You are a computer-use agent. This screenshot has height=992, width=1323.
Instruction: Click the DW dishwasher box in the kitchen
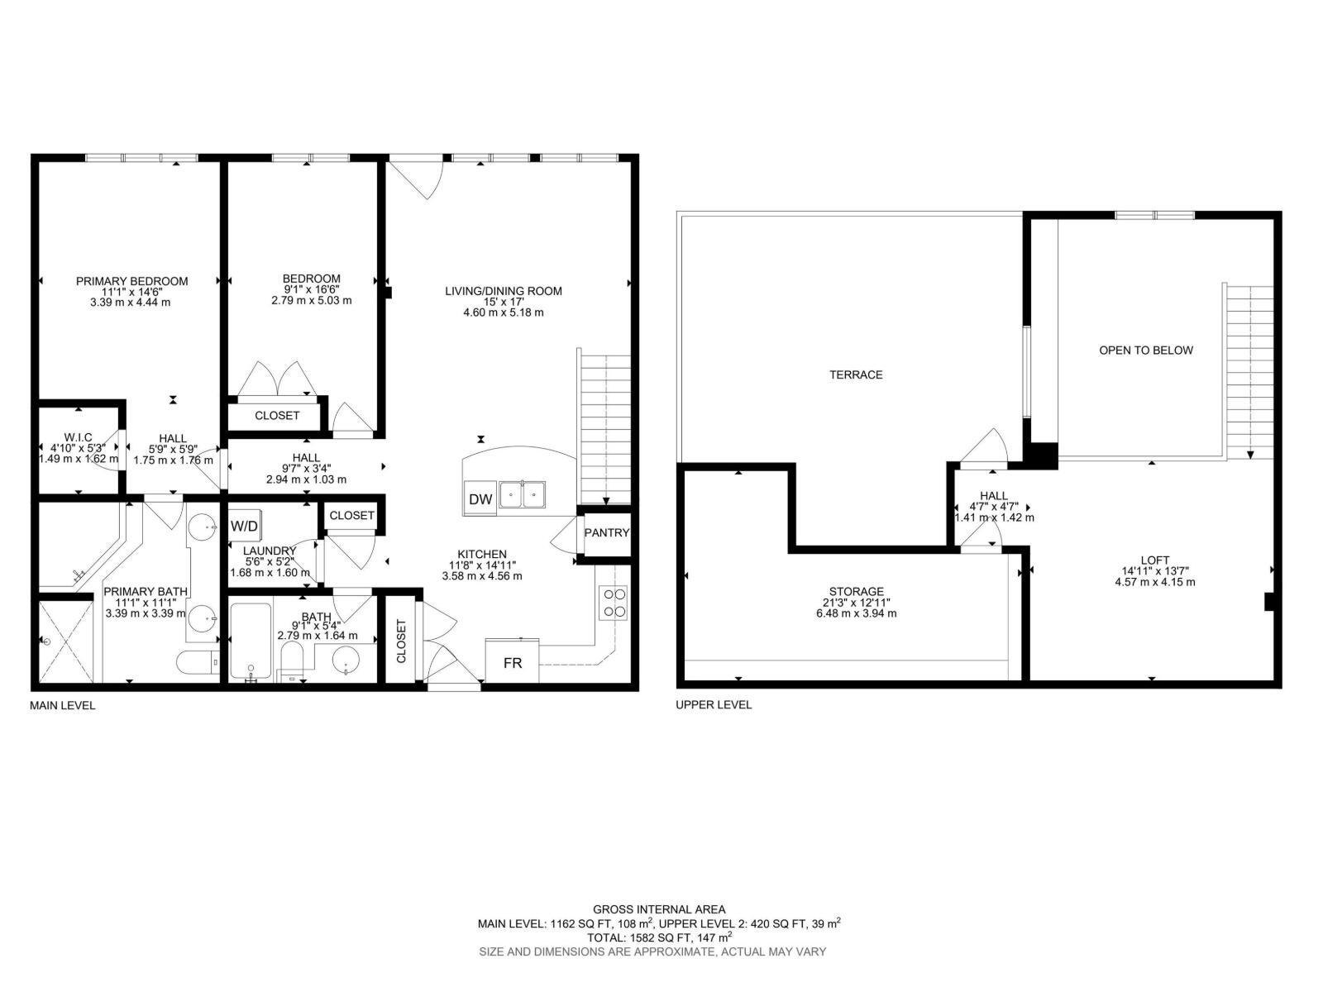[x=480, y=498]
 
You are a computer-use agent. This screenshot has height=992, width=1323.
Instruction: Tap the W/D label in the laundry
[x=243, y=526]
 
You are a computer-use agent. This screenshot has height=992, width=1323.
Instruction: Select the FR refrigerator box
[x=513, y=662]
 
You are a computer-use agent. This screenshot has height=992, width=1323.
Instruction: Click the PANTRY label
[x=607, y=533]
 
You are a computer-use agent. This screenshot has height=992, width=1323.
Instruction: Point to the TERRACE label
[x=856, y=374]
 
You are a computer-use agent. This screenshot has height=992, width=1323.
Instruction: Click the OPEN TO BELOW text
[x=1145, y=350]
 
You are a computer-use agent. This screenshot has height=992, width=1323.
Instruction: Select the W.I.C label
[x=78, y=437]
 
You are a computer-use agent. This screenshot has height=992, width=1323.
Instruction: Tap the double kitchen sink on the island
[x=523, y=496]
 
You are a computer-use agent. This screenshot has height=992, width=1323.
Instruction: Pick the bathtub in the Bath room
[x=250, y=643]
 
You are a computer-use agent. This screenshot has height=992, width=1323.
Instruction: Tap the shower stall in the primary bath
[x=65, y=641]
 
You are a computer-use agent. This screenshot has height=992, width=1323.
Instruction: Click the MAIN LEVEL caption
[x=63, y=705]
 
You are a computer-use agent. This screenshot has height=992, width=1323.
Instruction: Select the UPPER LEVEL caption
[x=714, y=704]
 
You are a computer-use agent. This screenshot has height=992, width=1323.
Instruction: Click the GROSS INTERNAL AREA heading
[x=659, y=909]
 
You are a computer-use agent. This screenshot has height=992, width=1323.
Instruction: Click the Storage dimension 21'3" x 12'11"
[x=856, y=603]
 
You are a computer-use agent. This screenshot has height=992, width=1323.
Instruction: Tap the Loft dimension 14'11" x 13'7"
[x=1154, y=571]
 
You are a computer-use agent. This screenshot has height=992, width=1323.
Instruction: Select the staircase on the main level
[x=605, y=430]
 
